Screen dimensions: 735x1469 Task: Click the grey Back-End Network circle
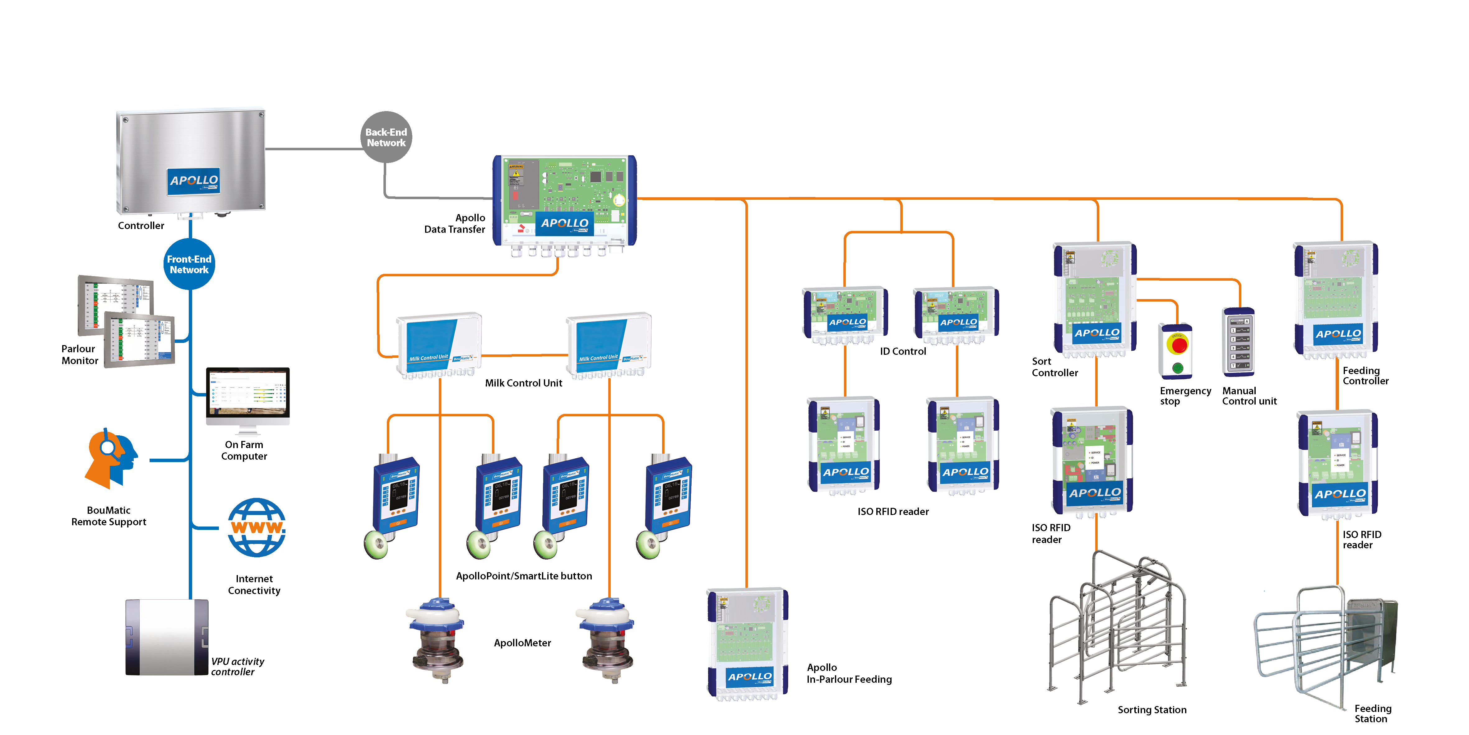point(386,137)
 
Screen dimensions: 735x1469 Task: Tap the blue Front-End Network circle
point(189,264)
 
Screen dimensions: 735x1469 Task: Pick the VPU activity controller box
point(166,637)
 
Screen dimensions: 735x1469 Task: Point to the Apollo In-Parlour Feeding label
point(849,673)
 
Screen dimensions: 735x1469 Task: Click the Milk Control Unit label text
point(523,383)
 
